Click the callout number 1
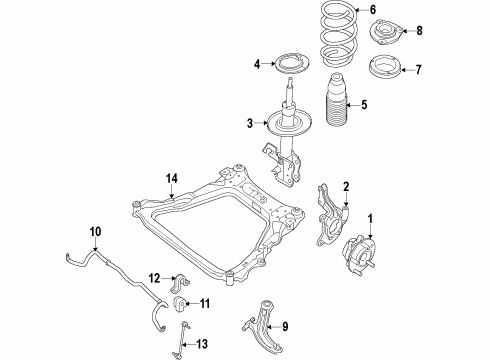coord(370,218)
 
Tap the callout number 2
coord(346,185)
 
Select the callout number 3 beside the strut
coord(252,124)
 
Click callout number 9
coord(284,325)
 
